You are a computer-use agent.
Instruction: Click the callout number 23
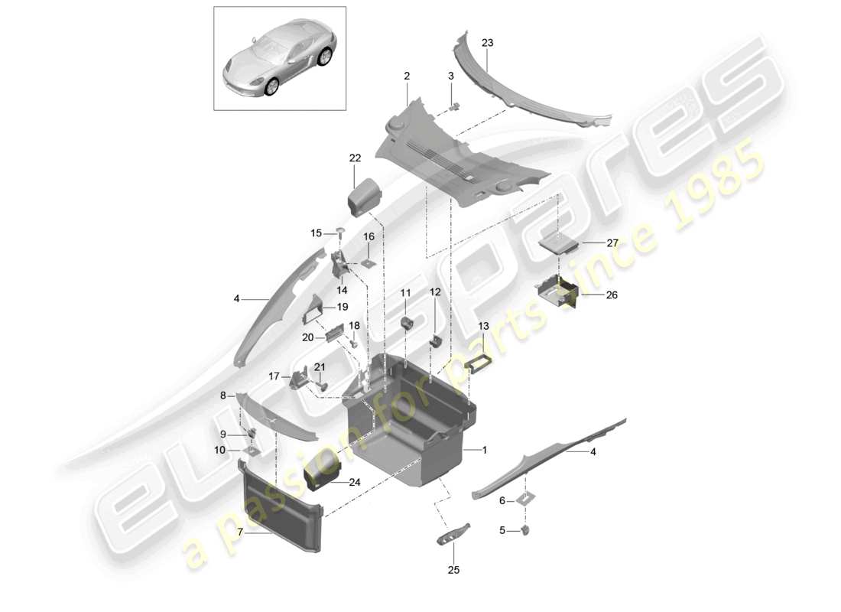tap(487, 43)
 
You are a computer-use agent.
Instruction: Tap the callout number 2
tap(407, 76)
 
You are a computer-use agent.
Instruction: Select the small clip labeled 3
tap(456, 106)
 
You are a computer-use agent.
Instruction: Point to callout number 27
tap(612, 243)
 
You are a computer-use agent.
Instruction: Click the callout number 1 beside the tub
tap(484, 450)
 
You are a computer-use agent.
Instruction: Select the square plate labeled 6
tap(526, 499)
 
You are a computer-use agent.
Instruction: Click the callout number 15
tap(317, 233)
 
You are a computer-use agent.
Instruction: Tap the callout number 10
tap(220, 451)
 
